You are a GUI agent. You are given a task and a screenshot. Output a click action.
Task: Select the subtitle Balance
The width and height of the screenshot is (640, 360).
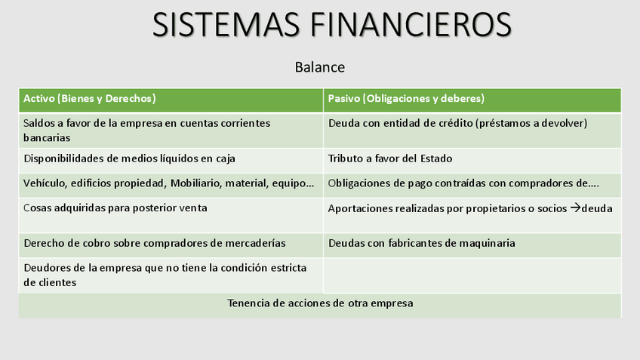pyautogui.click(x=320, y=67)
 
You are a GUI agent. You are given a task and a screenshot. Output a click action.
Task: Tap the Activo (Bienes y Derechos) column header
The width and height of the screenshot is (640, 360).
pyautogui.click(x=90, y=99)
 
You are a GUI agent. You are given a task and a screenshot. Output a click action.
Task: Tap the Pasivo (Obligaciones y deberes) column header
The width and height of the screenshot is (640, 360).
pyautogui.click(x=406, y=99)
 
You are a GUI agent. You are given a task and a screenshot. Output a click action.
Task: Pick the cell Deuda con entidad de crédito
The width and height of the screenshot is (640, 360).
pyautogui.click(x=457, y=123)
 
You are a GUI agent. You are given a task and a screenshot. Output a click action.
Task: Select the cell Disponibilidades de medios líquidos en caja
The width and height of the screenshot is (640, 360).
pyautogui.click(x=129, y=158)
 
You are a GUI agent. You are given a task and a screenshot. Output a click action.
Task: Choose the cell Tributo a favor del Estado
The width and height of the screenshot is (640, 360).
pyautogui.click(x=390, y=158)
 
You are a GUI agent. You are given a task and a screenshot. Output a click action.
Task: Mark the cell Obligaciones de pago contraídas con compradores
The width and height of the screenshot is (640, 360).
pyautogui.click(x=463, y=183)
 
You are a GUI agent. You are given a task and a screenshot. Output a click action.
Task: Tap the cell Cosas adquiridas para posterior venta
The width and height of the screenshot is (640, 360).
pyautogui.click(x=115, y=208)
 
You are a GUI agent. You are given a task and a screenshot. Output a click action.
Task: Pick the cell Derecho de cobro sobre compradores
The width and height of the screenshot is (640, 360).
pyautogui.click(x=155, y=243)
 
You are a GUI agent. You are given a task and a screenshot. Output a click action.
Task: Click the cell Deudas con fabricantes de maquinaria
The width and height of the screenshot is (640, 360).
pyautogui.click(x=421, y=243)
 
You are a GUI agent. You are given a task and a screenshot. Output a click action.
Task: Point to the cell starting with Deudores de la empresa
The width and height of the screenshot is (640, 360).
pyautogui.click(x=165, y=275)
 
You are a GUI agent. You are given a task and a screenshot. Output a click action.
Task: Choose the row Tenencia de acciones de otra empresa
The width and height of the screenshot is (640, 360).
pyautogui.click(x=320, y=303)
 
